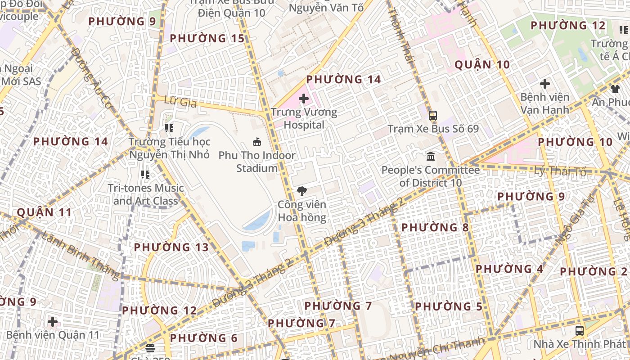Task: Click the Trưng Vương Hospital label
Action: [x=304, y=118]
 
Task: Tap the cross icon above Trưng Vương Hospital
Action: [x=304, y=99]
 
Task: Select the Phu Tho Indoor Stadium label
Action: [x=257, y=162]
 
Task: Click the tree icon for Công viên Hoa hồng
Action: [x=302, y=191]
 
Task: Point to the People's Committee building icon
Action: [x=431, y=157]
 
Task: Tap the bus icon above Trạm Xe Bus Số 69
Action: [x=432, y=116]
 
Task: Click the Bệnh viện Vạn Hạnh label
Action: [x=544, y=103]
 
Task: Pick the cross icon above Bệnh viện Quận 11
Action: [x=53, y=322]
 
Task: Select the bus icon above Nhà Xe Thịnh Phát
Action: [x=580, y=331]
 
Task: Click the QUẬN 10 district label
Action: [x=482, y=65]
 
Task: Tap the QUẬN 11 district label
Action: [x=45, y=212]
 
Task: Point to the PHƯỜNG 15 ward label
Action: [x=207, y=39]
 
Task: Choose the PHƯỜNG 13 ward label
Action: [x=171, y=247]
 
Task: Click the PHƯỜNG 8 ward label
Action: [x=435, y=228]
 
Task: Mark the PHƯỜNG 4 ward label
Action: [x=509, y=269]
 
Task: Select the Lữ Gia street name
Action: [x=181, y=102]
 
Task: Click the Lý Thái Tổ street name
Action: [x=560, y=171]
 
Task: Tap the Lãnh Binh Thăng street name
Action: [x=81, y=255]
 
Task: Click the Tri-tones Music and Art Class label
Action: [x=146, y=194]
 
